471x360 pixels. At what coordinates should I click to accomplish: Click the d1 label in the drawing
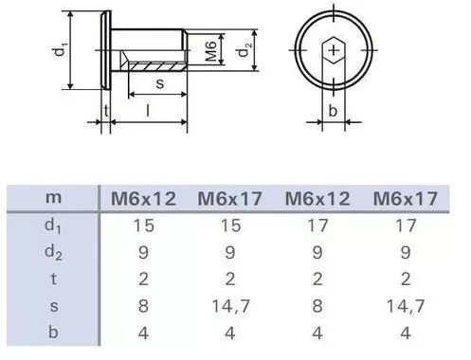[61, 50]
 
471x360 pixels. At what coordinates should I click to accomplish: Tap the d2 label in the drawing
[245, 50]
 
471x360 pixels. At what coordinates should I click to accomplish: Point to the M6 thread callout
[211, 50]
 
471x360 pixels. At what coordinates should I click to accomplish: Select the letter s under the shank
[160, 83]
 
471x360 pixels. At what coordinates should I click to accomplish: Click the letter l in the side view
[148, 111]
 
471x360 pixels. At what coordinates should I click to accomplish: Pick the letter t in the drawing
[106, 111]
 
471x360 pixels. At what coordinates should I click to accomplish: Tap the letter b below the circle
[333, 111]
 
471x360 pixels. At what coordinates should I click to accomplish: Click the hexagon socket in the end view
[334, 50]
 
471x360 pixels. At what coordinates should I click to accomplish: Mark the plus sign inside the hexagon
[334, 50]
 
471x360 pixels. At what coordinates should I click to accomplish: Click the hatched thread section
[157, 66]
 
